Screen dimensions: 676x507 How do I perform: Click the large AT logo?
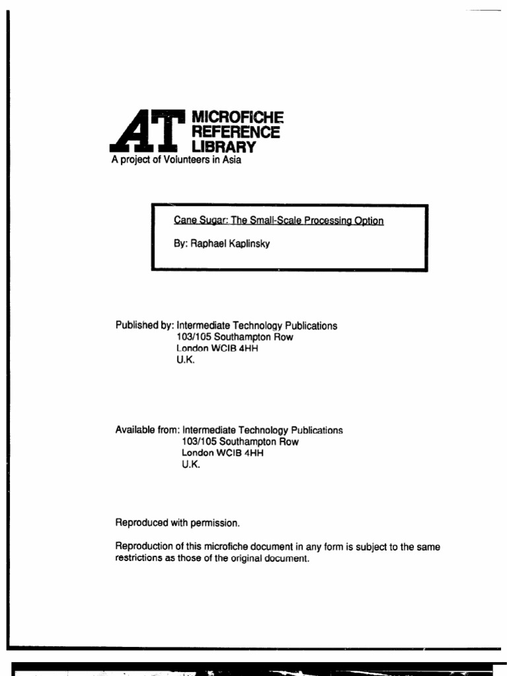pyautogui.click(x=147, y=131)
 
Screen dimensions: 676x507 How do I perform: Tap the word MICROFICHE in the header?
pyautogui.click(x=236, y=117)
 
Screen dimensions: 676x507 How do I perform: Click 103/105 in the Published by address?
pyautogui.click(x=186, y=337)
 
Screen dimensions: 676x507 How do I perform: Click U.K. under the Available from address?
pyautogui.click(x=190, y=465)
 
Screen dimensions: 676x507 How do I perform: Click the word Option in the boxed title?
pyautogui.click(x=369, y=220)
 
